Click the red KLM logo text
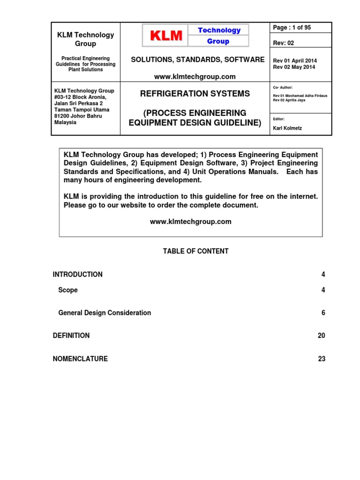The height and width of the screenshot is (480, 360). coord(166,36)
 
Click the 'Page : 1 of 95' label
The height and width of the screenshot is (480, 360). coord(292,28)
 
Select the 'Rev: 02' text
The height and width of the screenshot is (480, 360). coord(284,43)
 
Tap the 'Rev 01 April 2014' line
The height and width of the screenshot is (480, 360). coord(294,60)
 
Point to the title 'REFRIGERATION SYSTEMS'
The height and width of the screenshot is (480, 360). coord(195,94)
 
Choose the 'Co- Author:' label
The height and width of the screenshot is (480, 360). coord(283,87)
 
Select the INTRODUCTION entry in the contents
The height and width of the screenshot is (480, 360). coord(78,274)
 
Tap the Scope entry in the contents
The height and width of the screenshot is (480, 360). coord(68,290)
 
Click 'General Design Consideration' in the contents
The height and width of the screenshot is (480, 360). coord(105,313)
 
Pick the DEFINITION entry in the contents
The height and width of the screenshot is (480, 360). coord(71,336)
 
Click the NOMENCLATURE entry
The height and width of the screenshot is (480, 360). coord(80,359)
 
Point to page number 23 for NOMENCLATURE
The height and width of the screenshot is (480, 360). coord(321,359)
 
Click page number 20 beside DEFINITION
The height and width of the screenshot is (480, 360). coord(321,336)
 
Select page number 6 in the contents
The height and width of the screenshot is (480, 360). coord(323,313)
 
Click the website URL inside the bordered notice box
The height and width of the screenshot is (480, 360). coord(190,222)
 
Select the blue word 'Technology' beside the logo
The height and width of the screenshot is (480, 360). coord(219,30)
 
